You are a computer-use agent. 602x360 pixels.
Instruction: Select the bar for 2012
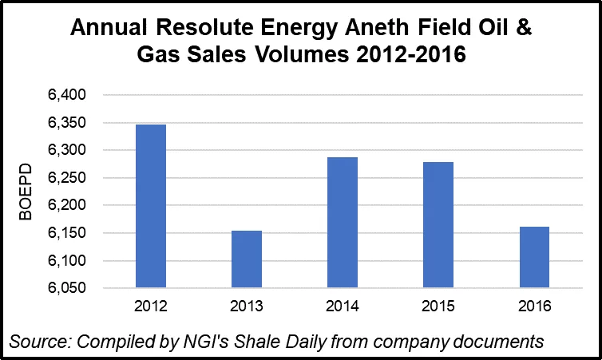pyautogui.click(x=151, y=206)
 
